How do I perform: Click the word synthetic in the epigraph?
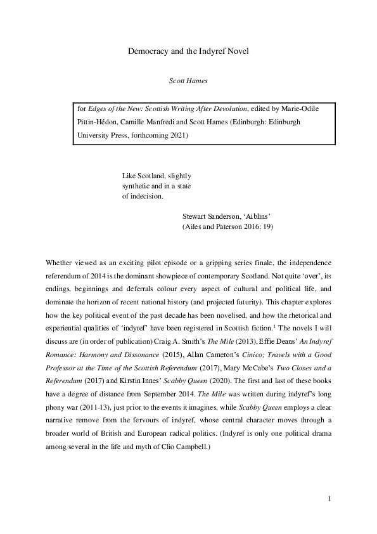point(137,186)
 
